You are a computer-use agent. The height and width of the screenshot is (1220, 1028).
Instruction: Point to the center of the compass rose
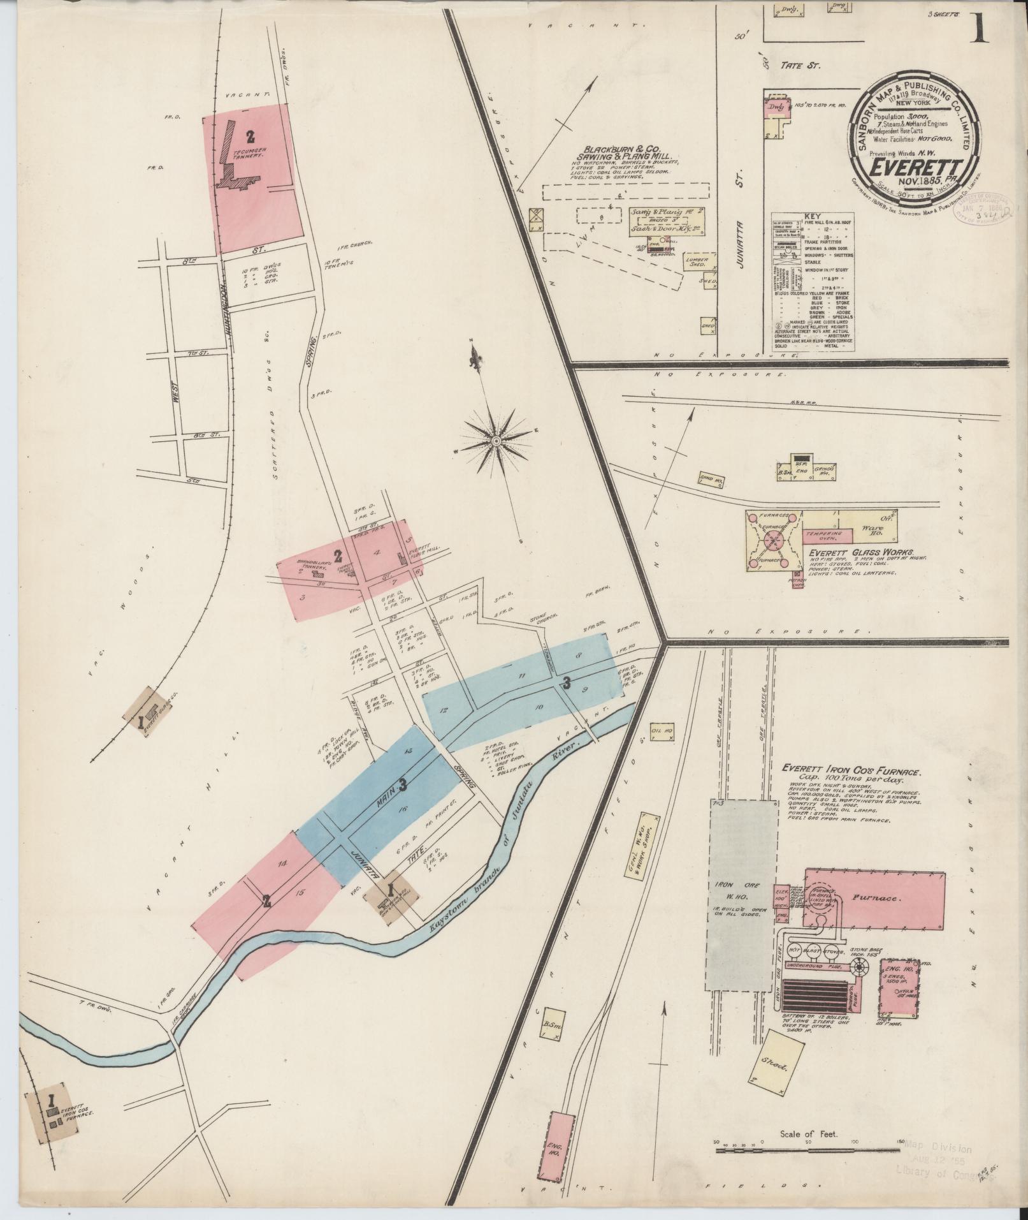click(x=495, y=441)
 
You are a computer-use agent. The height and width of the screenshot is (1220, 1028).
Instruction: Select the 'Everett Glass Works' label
click(x=861, y=552)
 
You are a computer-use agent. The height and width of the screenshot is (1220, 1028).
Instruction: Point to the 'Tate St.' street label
click(x=798, y=65)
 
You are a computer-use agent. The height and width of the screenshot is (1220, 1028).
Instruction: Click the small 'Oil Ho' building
click(x=661, y=731)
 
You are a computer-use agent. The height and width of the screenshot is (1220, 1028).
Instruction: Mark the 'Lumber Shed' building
click(x=695, y=263)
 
